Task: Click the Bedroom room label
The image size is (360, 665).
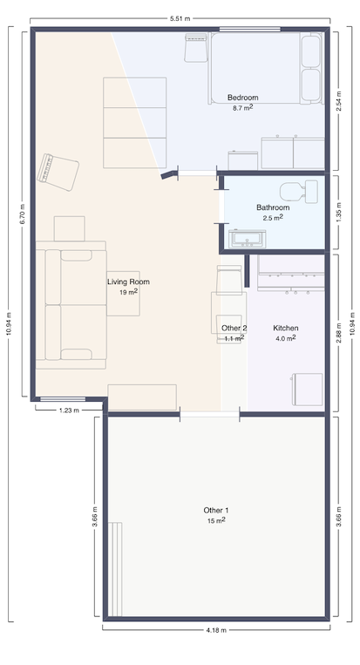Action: (242, 98)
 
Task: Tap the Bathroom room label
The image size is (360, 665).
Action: (273, 207)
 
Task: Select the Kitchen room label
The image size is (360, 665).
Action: (285, 328)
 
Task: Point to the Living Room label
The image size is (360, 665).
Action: (128, 282)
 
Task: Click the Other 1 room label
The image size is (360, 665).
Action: (216, 510)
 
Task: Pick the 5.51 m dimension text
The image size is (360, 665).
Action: (180, 18)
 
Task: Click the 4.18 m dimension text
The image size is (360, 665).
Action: (216, 630)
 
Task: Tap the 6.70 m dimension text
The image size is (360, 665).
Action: (23, 214)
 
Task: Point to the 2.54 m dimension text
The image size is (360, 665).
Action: (338, 101)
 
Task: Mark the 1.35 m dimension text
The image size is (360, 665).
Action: (338, 213)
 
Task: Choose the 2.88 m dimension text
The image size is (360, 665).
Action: (338, 333)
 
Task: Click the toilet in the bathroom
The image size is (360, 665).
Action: (299, 192)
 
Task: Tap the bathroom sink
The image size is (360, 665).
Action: (247, 239)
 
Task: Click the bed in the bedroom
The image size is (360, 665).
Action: (266, 68)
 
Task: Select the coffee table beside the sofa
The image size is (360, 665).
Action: (123, 294)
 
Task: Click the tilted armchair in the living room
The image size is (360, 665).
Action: (58, 173)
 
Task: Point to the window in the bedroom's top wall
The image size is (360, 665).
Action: (250, 29)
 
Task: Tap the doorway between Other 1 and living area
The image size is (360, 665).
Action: (210, 414)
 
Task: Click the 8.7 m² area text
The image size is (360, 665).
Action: (242, 108)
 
